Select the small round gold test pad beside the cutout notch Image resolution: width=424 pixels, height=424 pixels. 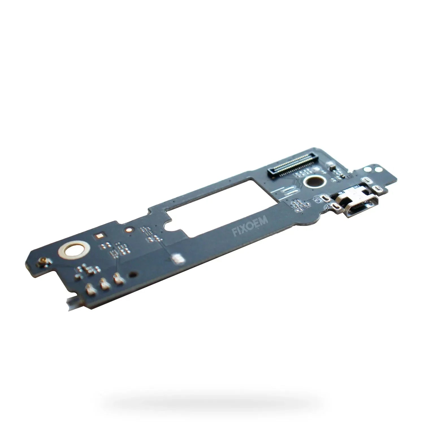pyautogui.click(x=129, y=230)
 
